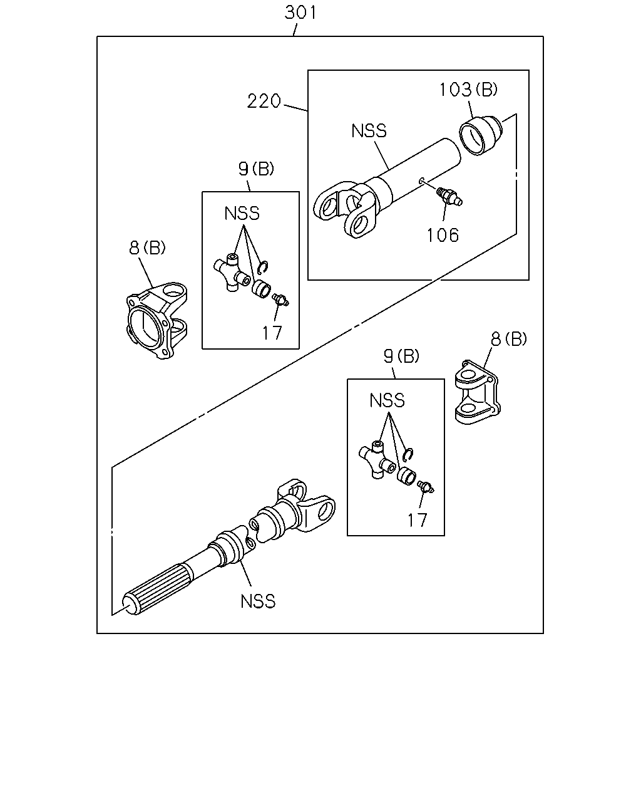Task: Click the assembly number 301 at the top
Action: tap(300, 13)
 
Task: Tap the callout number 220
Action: tap(264, 101)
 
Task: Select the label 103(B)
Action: tap(468, 90)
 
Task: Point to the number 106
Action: tap(443, 235)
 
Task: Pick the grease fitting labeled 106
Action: tap(450, 195)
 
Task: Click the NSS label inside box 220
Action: tap(369, 131)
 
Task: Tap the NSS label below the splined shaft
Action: tap(258, 601)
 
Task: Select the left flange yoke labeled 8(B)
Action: tap(157, 321)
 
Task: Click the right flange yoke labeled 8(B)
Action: tap(478, 392)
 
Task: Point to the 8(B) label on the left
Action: tap(147, 247)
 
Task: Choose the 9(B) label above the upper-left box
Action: tap(256, 169)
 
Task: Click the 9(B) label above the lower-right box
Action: tap(401, 356)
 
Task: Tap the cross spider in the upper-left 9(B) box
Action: tap(232, 273)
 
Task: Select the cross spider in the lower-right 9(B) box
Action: tap(377, 459)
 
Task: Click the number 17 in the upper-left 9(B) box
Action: tap(272, 333)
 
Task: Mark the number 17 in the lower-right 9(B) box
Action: tap(418, 520)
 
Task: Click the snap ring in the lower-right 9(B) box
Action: tap(408, 454)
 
